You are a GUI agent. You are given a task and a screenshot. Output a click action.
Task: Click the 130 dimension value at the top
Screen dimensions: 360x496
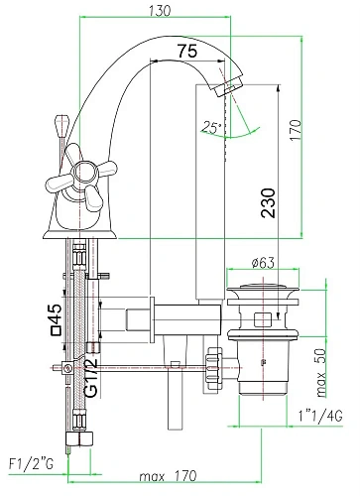coord(160,11)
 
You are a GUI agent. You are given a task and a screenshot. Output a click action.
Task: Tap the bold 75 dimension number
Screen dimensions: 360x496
coord(187,51)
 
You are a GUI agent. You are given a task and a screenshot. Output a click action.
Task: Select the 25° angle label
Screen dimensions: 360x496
coord(211,127)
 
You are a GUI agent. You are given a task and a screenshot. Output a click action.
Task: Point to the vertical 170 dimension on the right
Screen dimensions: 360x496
coord(296,130)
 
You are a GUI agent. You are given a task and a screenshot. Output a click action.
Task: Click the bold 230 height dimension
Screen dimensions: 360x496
coord(268,202)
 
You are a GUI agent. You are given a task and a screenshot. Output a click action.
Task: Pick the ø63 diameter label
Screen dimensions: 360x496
coord(263,263)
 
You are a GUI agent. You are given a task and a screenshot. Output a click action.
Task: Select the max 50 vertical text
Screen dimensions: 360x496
coord(321,373)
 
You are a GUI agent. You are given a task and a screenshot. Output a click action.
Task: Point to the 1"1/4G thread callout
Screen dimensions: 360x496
coord(320,416)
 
